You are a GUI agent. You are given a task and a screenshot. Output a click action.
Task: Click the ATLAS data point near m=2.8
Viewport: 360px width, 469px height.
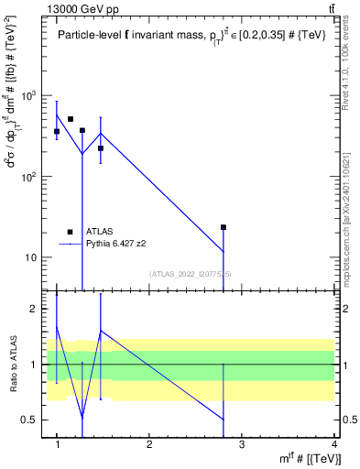(x=223, y=227)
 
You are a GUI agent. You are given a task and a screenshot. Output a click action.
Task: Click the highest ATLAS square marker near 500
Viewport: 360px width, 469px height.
(x=71, y=119)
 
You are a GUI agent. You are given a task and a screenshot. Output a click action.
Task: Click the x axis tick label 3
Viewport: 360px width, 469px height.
(x=242, y=445)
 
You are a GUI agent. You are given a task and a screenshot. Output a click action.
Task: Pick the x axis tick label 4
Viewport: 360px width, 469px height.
(x=333, y=445)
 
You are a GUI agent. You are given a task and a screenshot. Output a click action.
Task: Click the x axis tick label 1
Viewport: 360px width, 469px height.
(x=57, y=445)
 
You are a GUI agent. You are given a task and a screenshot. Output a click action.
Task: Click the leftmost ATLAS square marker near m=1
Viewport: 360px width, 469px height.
(x=57, y=132)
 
